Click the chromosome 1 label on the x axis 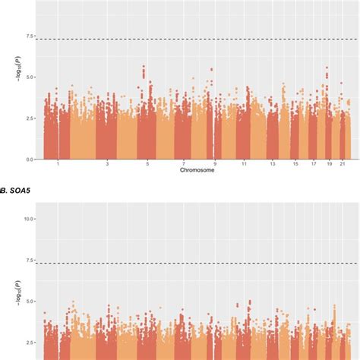(57, 164)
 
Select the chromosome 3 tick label (107, 164)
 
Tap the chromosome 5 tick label (147, 164)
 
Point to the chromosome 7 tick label (183, 164)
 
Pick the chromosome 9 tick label (215, 164)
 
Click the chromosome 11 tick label (244, 164)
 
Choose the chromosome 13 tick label (271, 164)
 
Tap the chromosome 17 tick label (313, 164)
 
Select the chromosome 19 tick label (329, 164)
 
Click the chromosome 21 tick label (343, 164)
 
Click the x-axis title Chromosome (196, 171)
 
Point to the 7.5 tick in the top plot (29, 36)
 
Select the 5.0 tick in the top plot (29, 77)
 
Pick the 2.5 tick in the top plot (29, 118)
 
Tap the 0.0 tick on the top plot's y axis (29, 159)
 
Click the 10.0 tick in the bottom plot (27, 219)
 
